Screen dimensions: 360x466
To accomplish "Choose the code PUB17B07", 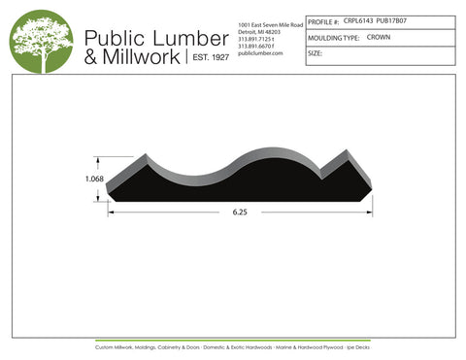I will (392, 18).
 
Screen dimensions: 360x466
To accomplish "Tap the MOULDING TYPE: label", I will (333, 37).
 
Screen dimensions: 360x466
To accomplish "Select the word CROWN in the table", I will (379, 37).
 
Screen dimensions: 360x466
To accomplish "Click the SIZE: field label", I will (315, 54).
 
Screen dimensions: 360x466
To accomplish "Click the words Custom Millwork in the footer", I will (116, 346).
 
